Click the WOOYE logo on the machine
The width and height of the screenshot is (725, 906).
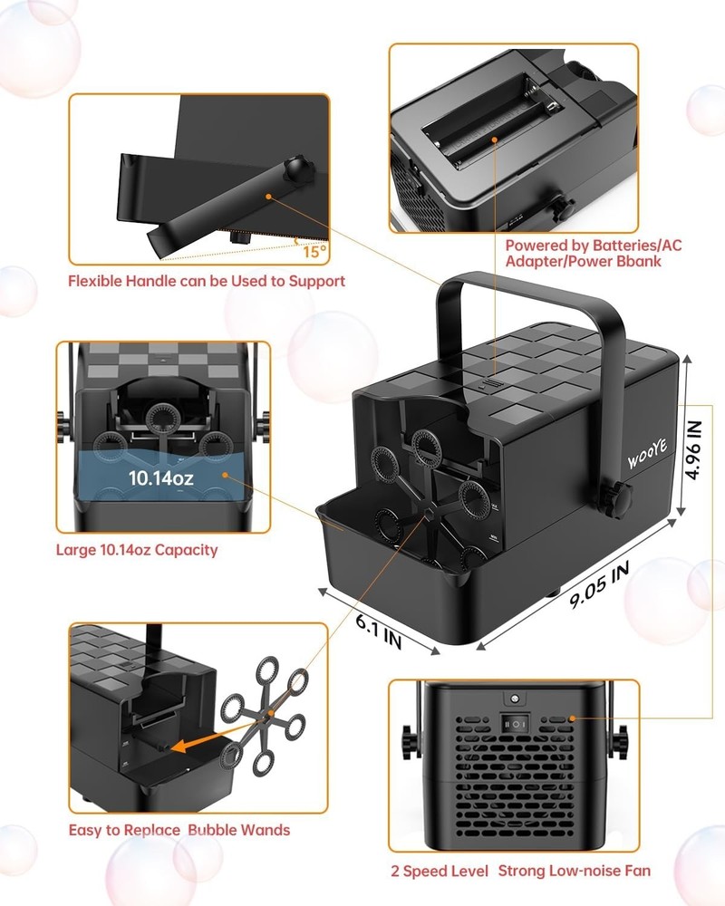[x=648, y=454]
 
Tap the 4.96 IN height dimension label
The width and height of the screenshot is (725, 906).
[x=693, y=449]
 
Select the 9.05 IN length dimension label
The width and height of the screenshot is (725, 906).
[x=599, y=585]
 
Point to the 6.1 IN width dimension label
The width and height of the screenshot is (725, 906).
[x=379, y=631]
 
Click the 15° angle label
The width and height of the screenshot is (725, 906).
[x=314, y=252]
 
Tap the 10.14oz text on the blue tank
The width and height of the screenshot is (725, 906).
[x=160, y=477]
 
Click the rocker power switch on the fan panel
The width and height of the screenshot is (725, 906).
[x=515, y=723]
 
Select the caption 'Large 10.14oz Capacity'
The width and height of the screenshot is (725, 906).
[x=137, y=550]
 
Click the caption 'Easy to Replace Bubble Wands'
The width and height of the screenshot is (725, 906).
[x=179, y=830]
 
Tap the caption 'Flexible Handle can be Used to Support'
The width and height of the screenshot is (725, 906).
[x=207, y=282]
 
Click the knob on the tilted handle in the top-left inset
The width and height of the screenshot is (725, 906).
[x=298, y=170]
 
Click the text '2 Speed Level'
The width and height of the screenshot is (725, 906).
[x=440, y=872]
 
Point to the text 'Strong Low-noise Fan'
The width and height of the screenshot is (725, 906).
[x=574, y=871]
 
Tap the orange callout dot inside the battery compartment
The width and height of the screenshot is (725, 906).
[x=495, y=140]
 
